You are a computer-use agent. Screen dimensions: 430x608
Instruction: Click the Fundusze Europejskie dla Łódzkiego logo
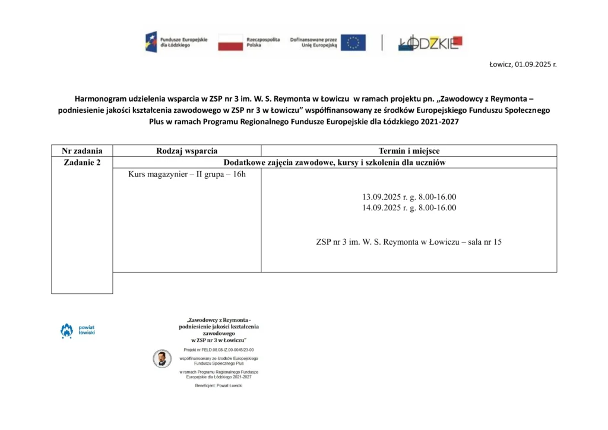[x=176, y=42]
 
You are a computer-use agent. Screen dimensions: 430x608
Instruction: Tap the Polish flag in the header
[x=230, y=42]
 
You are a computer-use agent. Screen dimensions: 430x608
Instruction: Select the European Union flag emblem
[x=353, y=42]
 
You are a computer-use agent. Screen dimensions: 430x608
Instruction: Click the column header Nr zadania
[x=82, y=151]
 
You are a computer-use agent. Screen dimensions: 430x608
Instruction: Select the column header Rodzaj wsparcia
[x=186, y=151]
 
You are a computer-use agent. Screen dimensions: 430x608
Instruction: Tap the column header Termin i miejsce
[x=409, y=151]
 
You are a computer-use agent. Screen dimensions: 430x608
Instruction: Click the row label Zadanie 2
[x=82, y=163]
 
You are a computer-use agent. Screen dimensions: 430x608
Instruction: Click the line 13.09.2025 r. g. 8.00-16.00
[x=409, y=197]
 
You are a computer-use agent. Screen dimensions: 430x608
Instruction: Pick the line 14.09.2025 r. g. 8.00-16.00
[x=409, y=208]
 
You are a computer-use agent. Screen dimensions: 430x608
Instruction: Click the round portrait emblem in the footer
[x=161, y=358]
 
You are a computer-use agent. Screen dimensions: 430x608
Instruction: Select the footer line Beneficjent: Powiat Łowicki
[x=218, y=385]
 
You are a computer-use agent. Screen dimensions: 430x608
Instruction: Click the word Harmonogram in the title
[x=97, y=98]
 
